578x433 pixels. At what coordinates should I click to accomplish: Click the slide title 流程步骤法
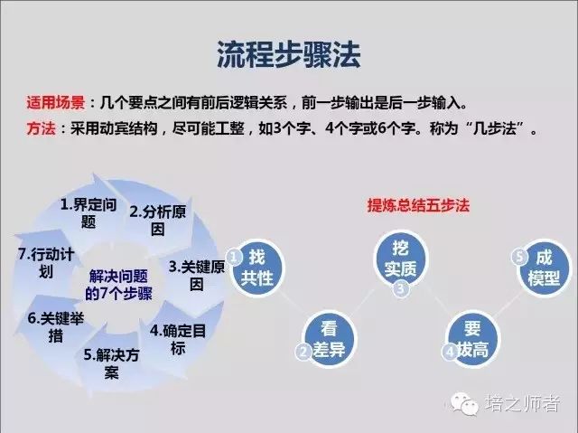coord(289,54)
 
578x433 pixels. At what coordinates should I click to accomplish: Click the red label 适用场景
coord(56,102)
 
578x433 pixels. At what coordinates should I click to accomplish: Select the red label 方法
coord(41,128)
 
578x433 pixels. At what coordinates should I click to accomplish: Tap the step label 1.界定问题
coord(89,213)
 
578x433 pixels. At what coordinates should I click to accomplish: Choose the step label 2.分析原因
coord(158,221)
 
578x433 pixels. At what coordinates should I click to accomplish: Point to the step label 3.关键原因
coord(197,275)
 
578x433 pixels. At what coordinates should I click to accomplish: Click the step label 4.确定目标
coord(178,339)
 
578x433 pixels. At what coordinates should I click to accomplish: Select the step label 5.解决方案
coord(111,363)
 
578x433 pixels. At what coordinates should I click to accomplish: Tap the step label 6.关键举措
coord(56,326)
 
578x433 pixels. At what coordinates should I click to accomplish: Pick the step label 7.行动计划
coord(46,263)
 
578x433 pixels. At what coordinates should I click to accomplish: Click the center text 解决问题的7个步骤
coord(118,285)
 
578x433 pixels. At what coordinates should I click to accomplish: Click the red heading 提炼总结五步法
coord(418,205)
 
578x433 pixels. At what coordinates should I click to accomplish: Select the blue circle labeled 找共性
coord(256,268)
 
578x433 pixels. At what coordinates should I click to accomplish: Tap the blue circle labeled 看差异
coord(329,339)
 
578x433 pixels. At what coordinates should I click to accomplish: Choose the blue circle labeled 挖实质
coord(400,258)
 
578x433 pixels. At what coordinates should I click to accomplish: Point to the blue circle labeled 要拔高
coord(472,339)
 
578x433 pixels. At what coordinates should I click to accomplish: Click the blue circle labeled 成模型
coord(544,268)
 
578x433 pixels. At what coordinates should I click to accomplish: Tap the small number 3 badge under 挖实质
coord(401,288)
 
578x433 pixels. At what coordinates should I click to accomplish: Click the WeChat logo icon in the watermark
coord(464,402)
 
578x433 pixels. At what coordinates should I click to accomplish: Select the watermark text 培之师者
coord(523,403)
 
